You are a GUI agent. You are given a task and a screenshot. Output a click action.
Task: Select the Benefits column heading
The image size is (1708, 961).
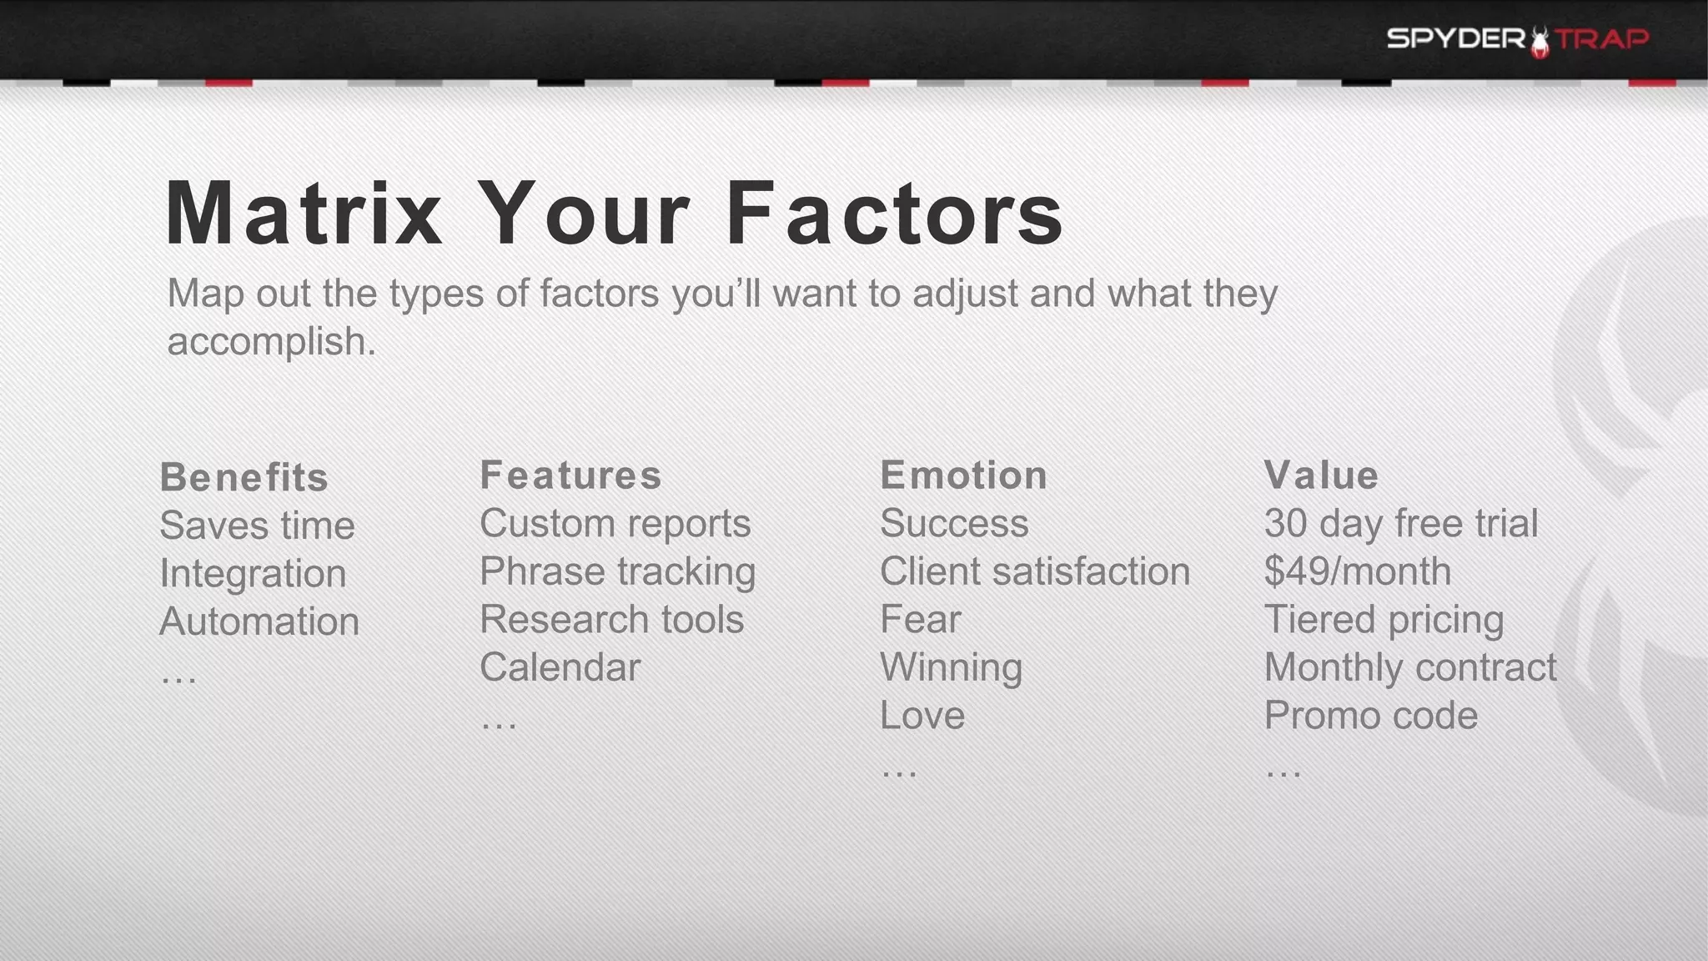[x=244, y=477]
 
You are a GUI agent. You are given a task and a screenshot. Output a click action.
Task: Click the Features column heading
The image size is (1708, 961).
[x=570, y=475]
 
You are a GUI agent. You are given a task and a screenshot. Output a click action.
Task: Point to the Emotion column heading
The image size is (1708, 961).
[x=963, y=475]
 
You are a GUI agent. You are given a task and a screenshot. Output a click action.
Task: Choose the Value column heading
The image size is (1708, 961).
[x=1321, y=475]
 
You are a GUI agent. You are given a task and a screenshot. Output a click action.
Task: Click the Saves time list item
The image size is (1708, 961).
[x=257, y=526]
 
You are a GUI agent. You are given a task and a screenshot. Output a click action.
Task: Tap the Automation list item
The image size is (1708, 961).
[x=259, y=621]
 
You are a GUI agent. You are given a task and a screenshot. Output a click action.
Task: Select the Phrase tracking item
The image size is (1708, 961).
[x=617, y=572]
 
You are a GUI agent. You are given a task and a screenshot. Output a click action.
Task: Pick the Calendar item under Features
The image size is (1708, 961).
[x=560, y=667]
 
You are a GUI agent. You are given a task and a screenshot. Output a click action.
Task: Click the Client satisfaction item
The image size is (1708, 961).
[x=1035, y=571]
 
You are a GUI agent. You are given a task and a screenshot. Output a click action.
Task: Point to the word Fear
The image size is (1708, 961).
[x=921, y=620]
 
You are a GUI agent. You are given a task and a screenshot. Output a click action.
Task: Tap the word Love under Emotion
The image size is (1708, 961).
[x=922, y=716]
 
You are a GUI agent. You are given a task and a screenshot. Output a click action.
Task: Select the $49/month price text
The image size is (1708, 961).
[x=1357, y=571]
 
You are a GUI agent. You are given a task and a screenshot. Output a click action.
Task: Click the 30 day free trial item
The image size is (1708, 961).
[x=1400, y=524]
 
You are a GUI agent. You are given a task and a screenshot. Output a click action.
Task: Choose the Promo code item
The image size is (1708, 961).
[x=1370, y=716]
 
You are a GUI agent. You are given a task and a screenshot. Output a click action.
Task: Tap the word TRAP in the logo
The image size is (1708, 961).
[x=1602, y=39]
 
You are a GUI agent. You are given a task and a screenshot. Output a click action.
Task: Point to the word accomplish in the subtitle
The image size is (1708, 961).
[x=271, y=342]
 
